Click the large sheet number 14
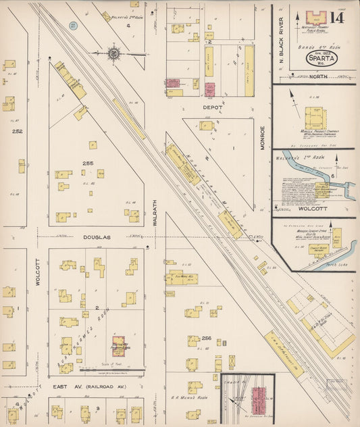pos(336,17)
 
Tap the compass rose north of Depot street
pos(114,53)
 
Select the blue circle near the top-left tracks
pos(73,26)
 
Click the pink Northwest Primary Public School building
pos(315,18)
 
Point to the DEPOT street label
pos(213,107)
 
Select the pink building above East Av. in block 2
pos(118,346)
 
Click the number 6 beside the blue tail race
pos(332,176)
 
